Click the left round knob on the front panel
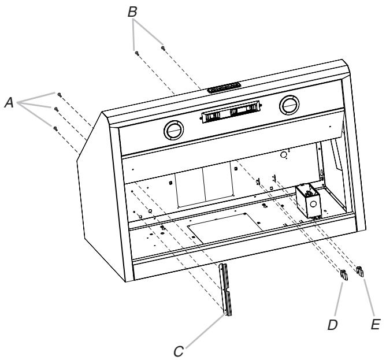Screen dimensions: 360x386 (172, 131)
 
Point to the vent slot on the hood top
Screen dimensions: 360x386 (224, 87)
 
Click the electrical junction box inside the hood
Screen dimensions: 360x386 (307, 199)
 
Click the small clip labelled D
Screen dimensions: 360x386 (343, 274)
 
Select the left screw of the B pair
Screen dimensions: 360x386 (136, 52)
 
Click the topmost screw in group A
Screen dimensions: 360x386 (59, 93)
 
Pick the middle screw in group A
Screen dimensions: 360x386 (56, 107)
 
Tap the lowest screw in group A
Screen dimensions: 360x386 (54, 128)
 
